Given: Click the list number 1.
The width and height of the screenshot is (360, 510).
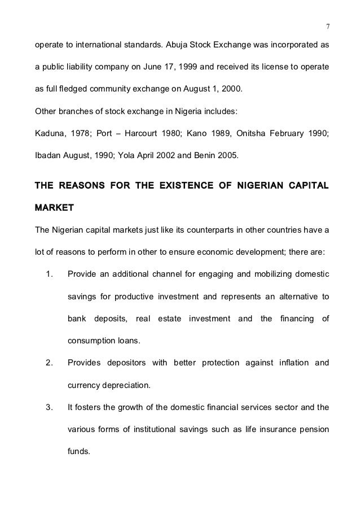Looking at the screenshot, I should (x=49, y=276).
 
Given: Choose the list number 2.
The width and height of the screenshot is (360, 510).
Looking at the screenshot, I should (x=49, y=363).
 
